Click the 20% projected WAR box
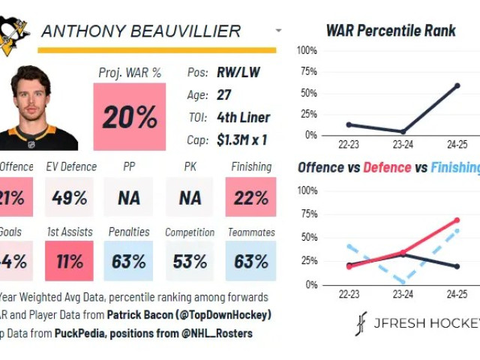tap(130, 116)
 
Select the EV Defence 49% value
tap(69, 198)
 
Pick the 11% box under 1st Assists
tap(69, 262)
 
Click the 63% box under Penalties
tap(129, 262)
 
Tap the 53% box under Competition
tap(190, 262)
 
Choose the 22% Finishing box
tap(250, 198)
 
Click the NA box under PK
tap(190, 198)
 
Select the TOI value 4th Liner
tap(243, 117)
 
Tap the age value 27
tap(224, 95)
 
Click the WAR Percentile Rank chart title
tap(390, 31)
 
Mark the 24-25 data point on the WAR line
tap(457, 85)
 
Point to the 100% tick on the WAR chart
tap(307, 50)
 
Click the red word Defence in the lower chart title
tap(387, 167)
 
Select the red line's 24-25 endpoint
tap(457, 220)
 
